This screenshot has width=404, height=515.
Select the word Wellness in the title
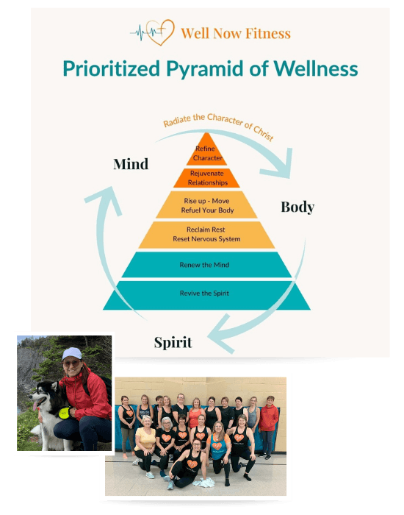(x=316, y=68)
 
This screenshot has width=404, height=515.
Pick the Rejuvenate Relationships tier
(x=206, y=178)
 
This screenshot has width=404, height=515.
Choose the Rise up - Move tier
(x=206, y=205)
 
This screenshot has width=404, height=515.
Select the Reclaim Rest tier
(x=206, y=235)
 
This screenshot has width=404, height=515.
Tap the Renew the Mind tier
(x=206, y=265)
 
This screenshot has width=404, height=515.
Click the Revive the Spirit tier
(x=206, y=295)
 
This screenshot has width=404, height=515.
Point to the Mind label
(x=131, y=164)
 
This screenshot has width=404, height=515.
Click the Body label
(x=297, y=207)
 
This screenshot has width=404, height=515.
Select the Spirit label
(x=173, y=343)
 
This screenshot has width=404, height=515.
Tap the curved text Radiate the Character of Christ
(x=218, y=125)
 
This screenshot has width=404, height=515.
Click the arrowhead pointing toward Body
(x=278, y=164)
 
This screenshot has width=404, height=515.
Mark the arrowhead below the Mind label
(x=105, y=199)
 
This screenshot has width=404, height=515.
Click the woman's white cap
(x=72, y=353)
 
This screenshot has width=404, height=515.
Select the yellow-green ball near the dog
(x=65, y=413)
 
